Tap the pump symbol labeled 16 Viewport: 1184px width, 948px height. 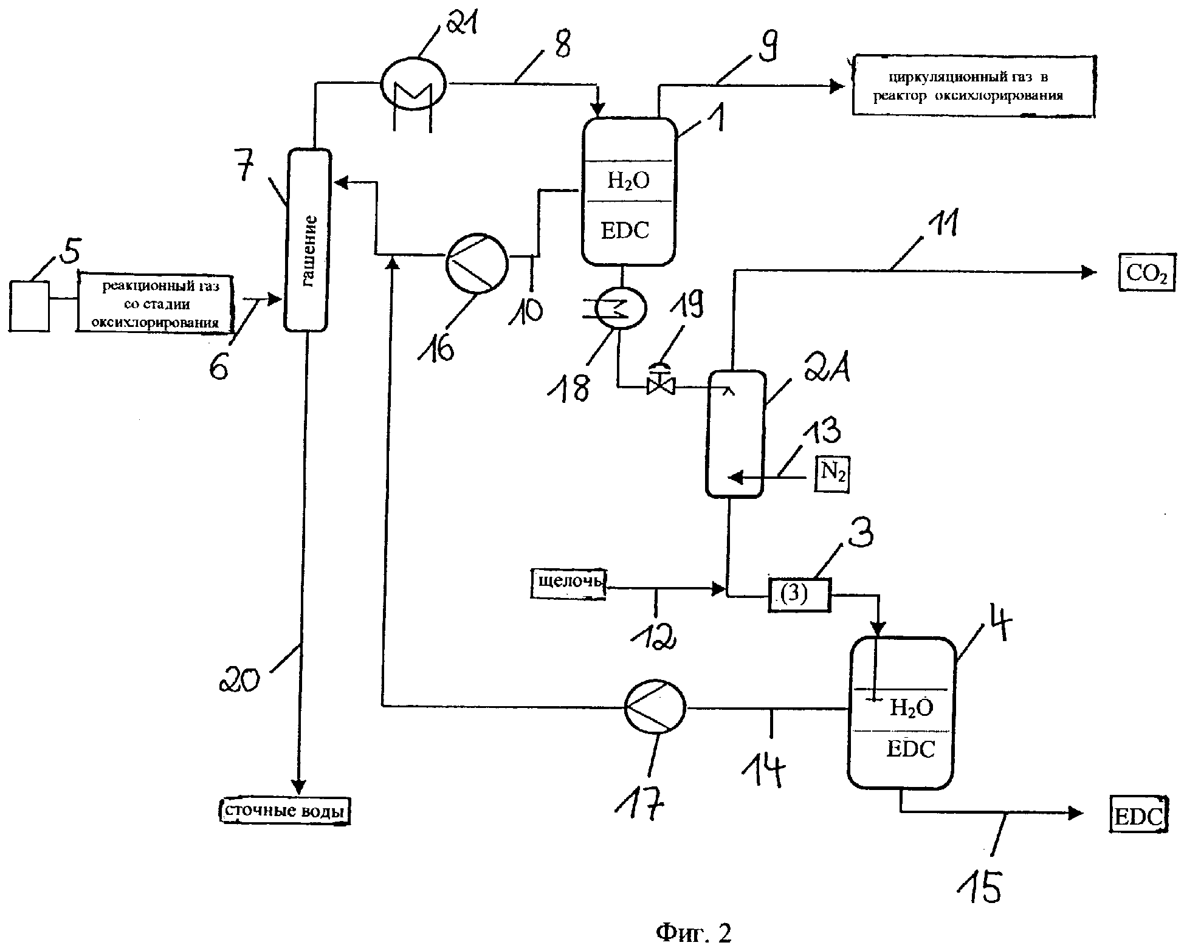point(477,263)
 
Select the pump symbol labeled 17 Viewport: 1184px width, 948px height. point(655,708)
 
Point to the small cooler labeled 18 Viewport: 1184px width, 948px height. point(619,308)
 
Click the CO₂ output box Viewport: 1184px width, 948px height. point(1146,273)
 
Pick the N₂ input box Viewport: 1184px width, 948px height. point(831,474)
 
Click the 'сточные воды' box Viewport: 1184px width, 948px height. point(284,810)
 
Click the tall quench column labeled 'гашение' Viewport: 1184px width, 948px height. point(308,240)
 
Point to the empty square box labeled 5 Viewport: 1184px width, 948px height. point(29,305)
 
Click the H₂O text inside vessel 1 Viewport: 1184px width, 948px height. point(628,180)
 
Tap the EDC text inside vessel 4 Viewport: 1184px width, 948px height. point(910,749)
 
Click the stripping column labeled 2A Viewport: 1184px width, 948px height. point(734,434)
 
